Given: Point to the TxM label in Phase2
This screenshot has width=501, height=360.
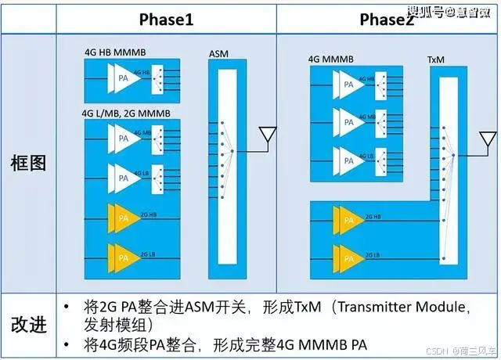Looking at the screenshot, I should click(437, 59).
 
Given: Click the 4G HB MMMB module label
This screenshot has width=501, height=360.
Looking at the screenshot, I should click(115, 52).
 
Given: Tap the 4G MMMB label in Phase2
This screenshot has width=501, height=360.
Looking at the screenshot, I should click(331, 58).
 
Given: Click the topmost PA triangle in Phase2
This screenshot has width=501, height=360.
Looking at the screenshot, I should click(347, 82).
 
